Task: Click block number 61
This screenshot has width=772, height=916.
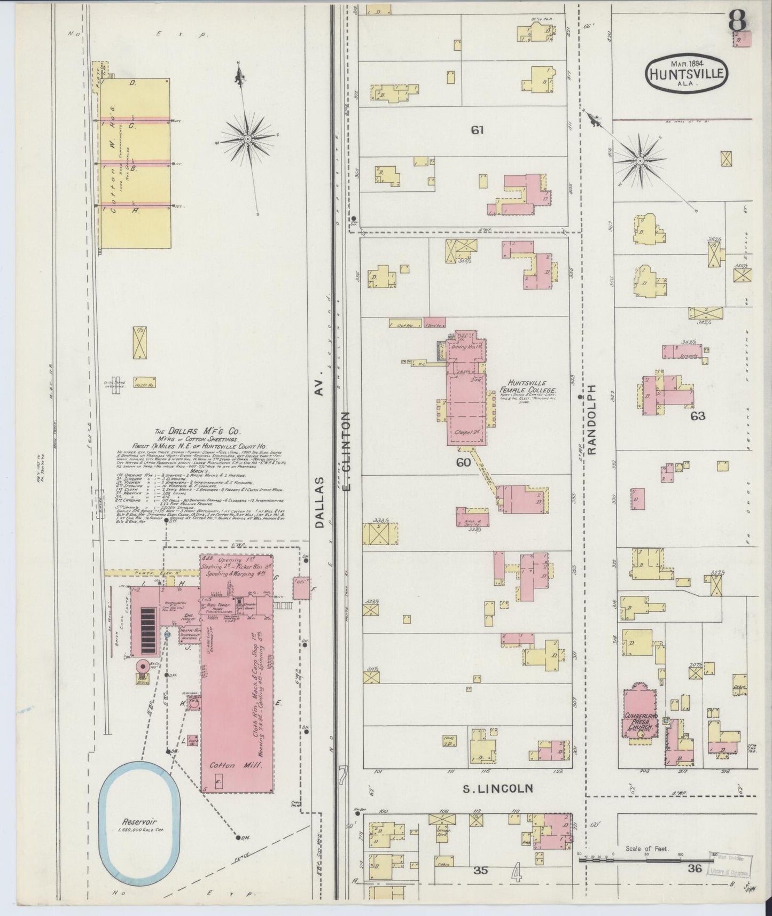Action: (477, 130)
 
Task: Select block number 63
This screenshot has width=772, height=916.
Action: (698, 416)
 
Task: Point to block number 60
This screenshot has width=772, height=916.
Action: (463, 462)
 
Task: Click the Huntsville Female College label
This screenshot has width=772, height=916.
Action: (527, 391)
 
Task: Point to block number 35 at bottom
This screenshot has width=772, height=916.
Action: (481, 870)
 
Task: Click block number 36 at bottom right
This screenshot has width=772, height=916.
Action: (695, 868)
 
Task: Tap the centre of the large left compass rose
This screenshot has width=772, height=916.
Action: (248, 139)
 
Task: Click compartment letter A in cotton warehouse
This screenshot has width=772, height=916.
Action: (136, 211)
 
